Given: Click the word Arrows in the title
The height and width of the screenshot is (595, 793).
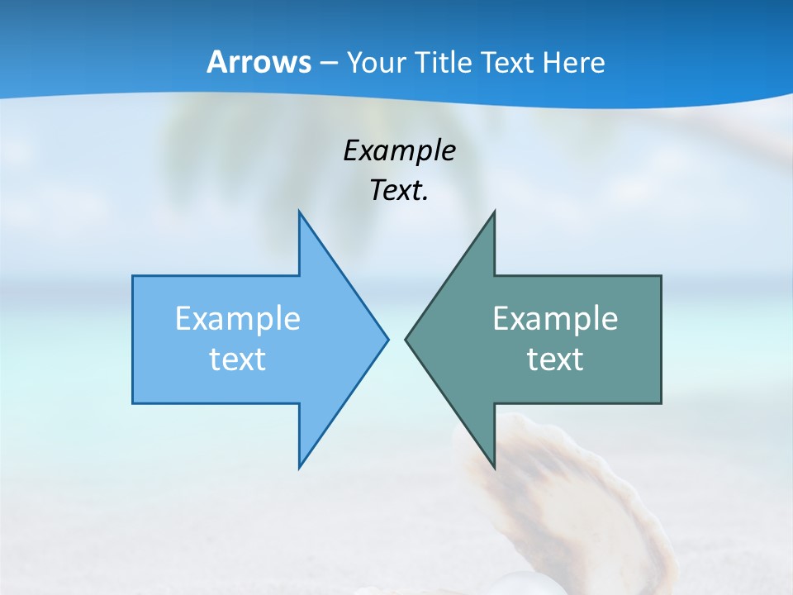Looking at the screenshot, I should (x=258, y=62).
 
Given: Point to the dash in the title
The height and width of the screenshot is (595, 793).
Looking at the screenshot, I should (x=328, y=63).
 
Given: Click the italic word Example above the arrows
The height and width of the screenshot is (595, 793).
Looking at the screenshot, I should (x=400, y=150).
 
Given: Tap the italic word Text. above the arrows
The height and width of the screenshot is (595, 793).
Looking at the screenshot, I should (x=399, y=191).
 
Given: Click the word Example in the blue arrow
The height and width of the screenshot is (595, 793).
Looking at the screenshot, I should (x=238, y=319).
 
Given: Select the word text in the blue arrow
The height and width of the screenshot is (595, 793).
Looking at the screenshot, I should (x=238, y=359).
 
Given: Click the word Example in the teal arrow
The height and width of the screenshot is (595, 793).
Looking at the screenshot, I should (x=555, y=319).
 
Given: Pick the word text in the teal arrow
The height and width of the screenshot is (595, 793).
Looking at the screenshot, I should (x=555, y=359).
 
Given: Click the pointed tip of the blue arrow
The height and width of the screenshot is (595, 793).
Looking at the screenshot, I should (x=387, y=339).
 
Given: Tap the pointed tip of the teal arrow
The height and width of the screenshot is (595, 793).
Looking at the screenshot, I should (x=406, y=339).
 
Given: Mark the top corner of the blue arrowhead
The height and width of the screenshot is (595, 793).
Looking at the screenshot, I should (x=300, y=212).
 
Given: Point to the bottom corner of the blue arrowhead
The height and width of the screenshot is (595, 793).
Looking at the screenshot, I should (x=300, y=468).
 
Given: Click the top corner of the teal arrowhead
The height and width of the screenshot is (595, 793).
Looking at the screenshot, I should (x=494, y=212).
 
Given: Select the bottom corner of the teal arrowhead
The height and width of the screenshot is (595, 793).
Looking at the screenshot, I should (x=494, y=468).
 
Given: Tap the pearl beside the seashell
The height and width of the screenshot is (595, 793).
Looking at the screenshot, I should (x=524, y=583).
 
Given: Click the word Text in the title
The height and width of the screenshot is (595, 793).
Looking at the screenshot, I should (x=506, y=62).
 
